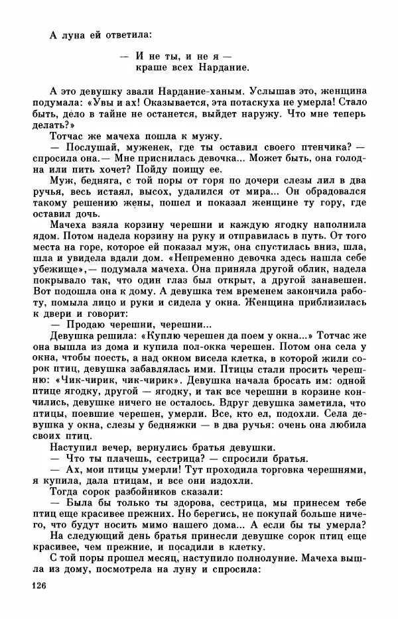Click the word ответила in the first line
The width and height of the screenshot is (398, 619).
point(128,34)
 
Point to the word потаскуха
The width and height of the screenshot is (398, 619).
point(261,102)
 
